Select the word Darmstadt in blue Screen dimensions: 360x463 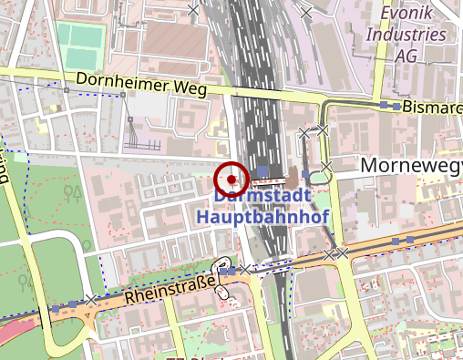pos(264,195)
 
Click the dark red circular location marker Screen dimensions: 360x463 pos(232,178)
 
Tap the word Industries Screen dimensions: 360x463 pos(406,35)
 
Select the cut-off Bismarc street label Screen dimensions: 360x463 pos(432,107)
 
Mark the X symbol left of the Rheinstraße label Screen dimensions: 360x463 pos(91,299)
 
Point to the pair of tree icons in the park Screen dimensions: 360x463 pos(74,192)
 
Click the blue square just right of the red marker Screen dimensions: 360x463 pos(262,170)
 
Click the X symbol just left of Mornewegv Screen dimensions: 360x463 pos(326,166)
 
